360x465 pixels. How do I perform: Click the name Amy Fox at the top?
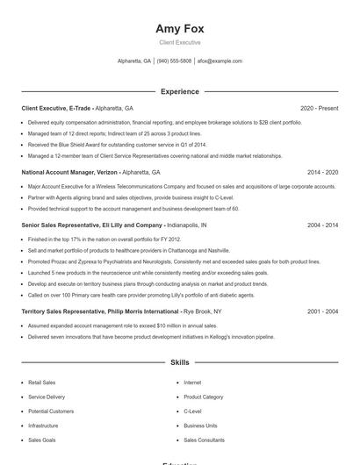[179, 28]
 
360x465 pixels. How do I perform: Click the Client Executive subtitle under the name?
[179, 42]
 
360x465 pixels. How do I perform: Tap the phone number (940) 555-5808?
[174, 61]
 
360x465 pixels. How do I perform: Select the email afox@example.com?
[220, 61]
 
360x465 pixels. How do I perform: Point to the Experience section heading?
[179, 91]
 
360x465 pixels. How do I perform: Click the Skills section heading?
[179, 361]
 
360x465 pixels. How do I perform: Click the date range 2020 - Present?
[319, 108]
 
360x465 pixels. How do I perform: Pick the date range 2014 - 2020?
[322, 173]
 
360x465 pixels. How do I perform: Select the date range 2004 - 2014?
[322, 225]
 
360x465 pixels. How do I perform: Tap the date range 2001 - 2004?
[322, 311]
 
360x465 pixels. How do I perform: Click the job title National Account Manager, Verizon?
[70, 173]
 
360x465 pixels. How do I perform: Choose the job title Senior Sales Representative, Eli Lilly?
[92, 225]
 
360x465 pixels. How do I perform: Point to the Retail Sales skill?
[41, 383]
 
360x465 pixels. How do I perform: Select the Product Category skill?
[204, 397]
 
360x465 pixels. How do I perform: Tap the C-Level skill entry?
[192, 411]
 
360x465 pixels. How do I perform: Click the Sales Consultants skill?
[204, 440]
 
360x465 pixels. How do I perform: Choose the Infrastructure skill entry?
[43, 426]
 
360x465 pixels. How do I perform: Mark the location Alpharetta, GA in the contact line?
[134, 61]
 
